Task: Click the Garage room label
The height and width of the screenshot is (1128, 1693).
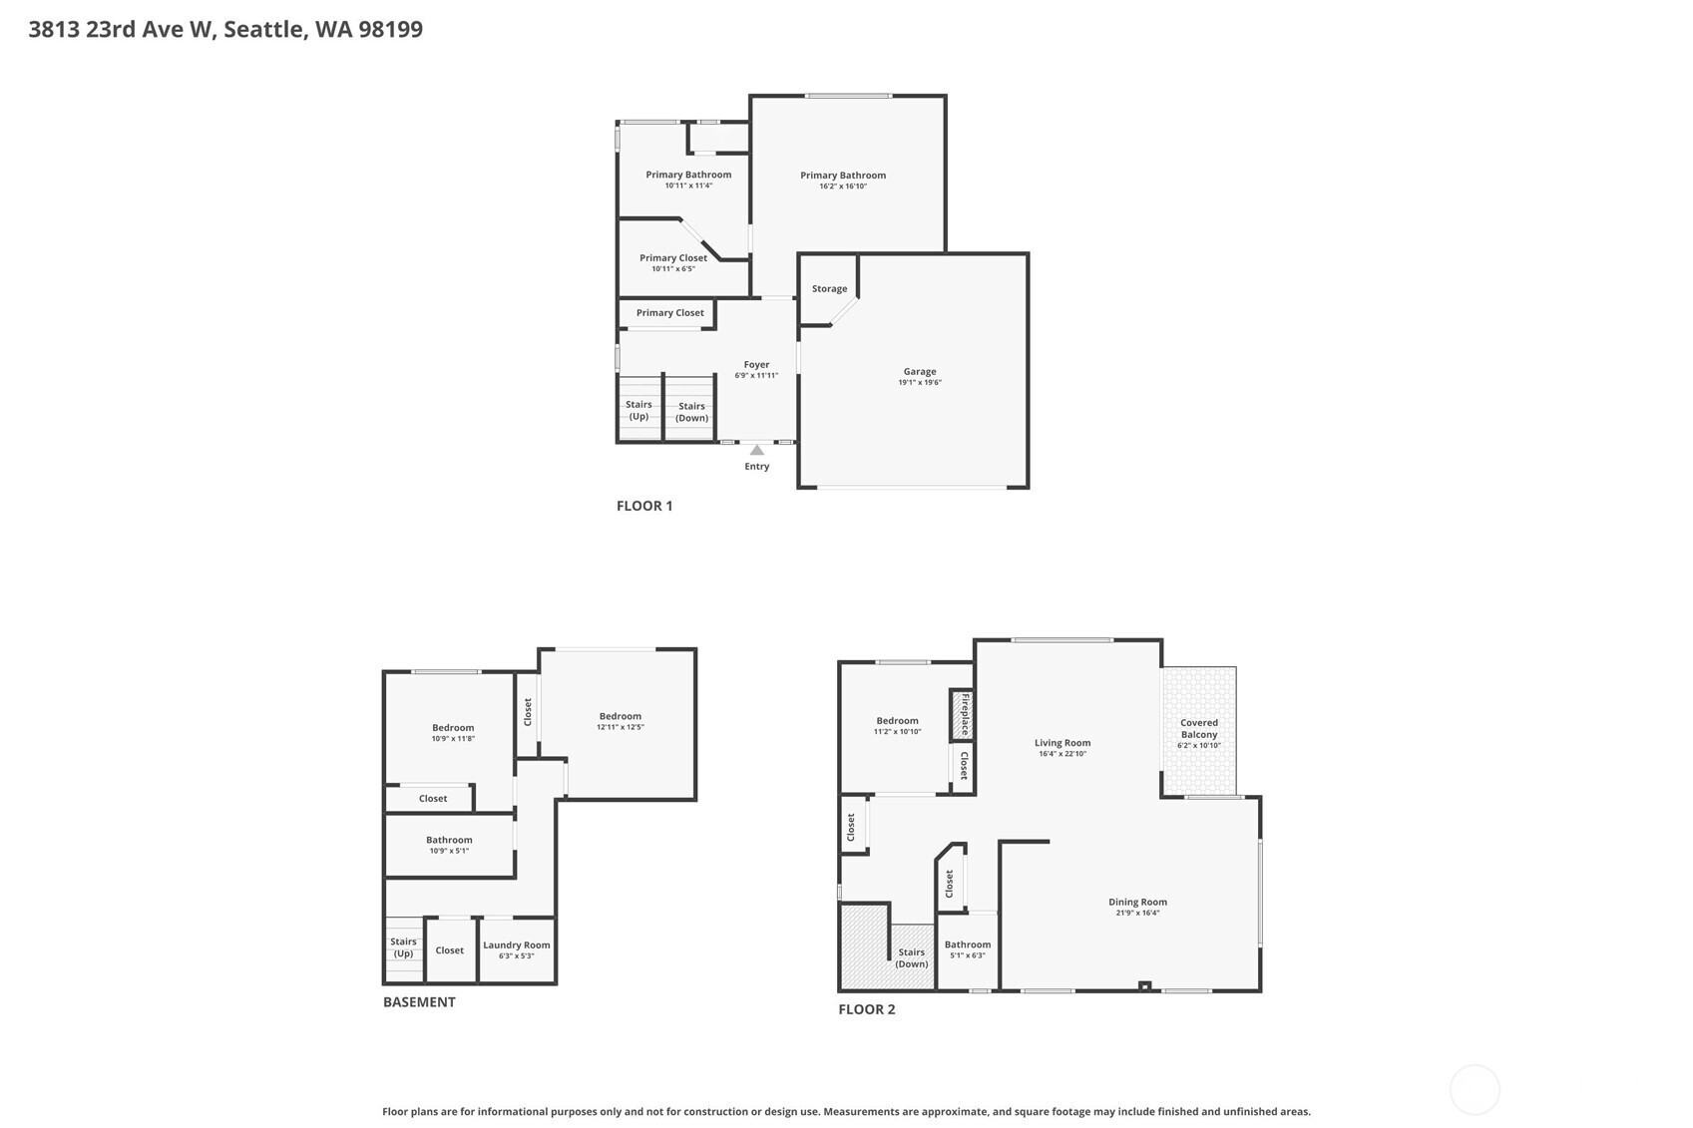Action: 920,371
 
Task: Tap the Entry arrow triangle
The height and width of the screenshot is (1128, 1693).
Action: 756,450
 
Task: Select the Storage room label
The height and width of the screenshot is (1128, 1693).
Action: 829,288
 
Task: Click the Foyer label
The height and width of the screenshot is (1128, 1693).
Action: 756,364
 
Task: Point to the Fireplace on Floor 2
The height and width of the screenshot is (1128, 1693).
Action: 962,715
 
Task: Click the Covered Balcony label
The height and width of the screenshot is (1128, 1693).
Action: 1199,728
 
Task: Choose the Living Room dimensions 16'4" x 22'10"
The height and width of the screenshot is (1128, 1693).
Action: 1061,753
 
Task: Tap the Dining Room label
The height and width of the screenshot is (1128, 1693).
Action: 1137,902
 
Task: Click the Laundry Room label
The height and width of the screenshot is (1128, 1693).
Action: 516,944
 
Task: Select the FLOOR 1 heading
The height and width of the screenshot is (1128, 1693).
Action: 643,506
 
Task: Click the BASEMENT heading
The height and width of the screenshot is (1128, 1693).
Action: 419,1001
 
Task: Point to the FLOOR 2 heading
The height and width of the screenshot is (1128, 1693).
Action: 866,1008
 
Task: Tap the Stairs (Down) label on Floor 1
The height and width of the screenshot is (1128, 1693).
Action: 691,412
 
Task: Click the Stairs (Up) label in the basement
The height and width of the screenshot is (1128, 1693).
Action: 403,947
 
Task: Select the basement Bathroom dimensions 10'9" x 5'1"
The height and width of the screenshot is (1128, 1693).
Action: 449,851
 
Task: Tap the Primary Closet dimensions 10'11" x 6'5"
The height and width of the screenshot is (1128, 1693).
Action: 672,268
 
